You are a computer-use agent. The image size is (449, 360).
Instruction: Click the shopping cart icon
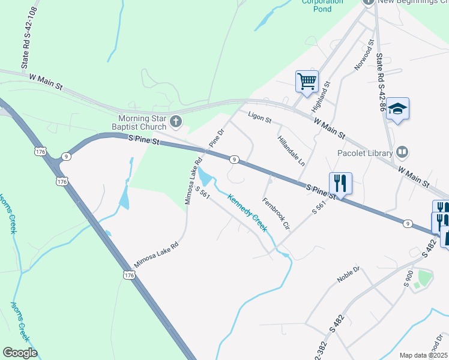307,80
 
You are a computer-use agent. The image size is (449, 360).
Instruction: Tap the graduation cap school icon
397,109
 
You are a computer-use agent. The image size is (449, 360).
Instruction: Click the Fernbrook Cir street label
276,214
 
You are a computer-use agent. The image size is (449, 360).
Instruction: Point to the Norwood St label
364,56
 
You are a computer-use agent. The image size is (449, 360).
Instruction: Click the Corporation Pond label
322,2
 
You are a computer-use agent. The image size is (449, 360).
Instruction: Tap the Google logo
20,353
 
